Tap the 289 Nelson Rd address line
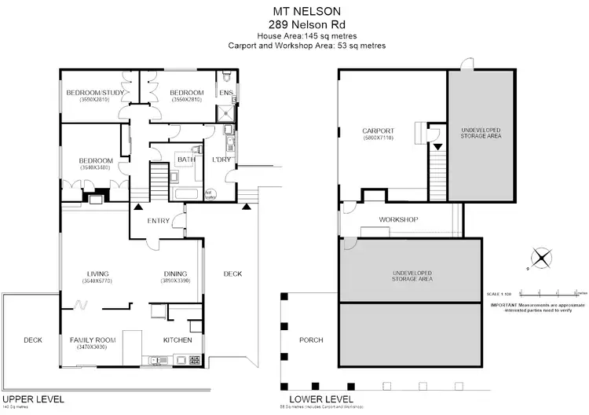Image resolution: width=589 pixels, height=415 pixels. (x=296, y=24)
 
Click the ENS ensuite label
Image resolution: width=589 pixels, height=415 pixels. (x=225, y=93)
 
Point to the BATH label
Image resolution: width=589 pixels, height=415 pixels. (x=186, y=160)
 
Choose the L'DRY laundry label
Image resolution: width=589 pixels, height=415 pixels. (x=219, y=160)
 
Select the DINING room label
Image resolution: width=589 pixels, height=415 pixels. (x=175, y=274)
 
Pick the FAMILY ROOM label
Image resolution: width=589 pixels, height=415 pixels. (x=93, y=340)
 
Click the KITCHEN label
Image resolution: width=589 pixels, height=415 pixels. (x=177, y=340)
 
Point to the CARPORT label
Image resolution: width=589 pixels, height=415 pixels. (x=378, y=130)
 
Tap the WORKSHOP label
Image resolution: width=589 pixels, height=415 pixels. (x=397, y=219)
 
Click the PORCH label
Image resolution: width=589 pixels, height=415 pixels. (x=311, y=340)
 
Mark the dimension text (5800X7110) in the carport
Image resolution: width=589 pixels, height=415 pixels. (x=378, y=138)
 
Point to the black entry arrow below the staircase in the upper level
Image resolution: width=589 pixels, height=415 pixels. (x=138, y=206)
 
